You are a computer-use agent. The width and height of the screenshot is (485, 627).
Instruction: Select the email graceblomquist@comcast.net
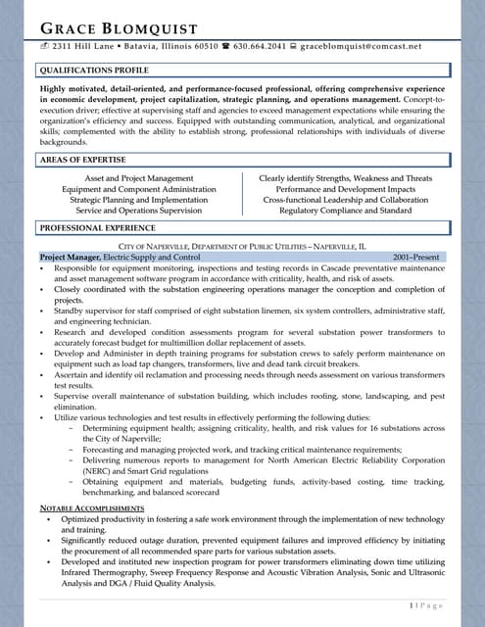(361, 45)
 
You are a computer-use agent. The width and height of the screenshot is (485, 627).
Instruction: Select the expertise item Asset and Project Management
(139, 178)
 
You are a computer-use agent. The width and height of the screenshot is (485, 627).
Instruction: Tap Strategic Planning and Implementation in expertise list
(139, 199)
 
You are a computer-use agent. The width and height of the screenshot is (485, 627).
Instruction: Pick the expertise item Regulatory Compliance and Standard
(346, 210)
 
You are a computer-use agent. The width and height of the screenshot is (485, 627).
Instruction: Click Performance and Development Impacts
(346, 189)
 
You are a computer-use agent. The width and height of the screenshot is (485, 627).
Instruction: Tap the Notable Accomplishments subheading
(92, 508)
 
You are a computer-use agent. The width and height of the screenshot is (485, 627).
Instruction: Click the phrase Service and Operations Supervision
(139, 210)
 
